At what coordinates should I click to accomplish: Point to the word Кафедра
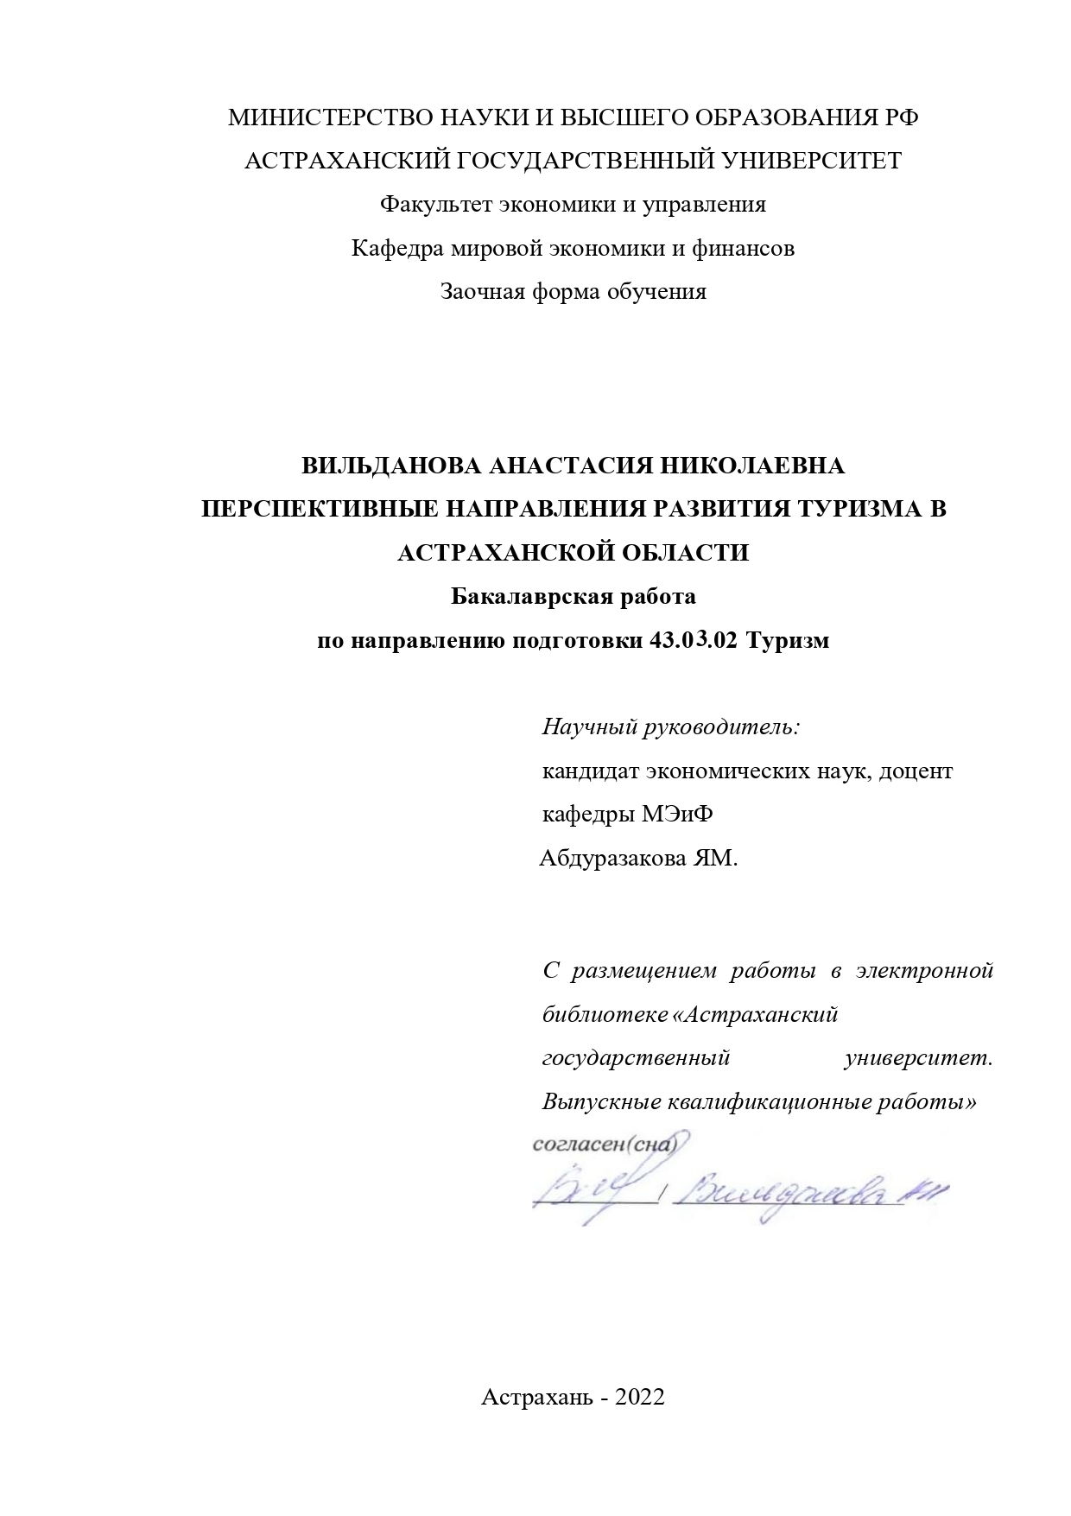398,249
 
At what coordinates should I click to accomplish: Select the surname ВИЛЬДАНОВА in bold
391,466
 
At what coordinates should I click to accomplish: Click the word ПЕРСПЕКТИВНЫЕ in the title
320,509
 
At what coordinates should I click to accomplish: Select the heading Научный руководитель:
672,726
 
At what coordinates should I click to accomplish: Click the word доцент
916,771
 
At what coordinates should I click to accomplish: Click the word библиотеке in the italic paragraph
605,1014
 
